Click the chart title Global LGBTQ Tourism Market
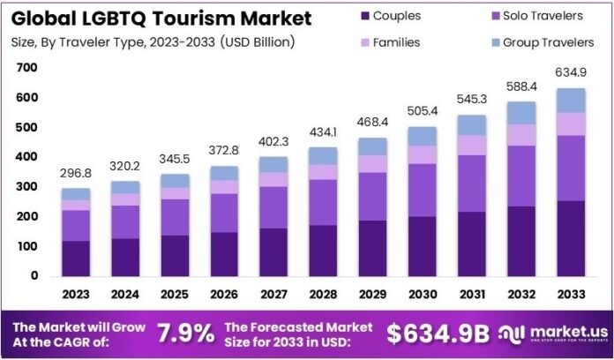click(x=161, y=18)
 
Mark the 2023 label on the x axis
click(x=76, y=295)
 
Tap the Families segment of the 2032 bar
click(x=520, y=134)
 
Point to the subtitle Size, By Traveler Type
click(x=152, y=41)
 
